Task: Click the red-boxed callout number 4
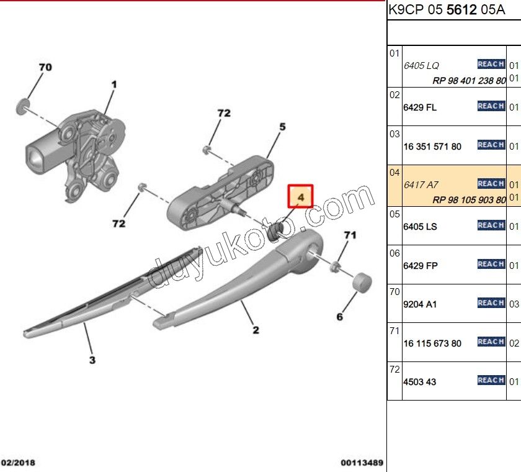[x=300, y=196]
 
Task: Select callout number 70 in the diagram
[x=45, y=67]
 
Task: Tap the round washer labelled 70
[x=23, y=106]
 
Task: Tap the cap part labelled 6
[x=362, y=281]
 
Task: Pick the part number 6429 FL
[x=420, y=107]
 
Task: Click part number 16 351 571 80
[x=432, y=147]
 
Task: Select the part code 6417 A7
[x=421, y=185]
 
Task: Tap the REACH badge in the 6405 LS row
[x=491, y=225]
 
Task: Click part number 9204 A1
[x=420, y=304]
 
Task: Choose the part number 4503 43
[x=419, y=382]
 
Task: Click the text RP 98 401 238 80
[x=468, y=81]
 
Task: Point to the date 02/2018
[x=19, y=463]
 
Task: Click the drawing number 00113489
[x=362, y=463]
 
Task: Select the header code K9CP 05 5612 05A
[x=447, y=10]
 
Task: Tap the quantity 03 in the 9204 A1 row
[x=514, y=304]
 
